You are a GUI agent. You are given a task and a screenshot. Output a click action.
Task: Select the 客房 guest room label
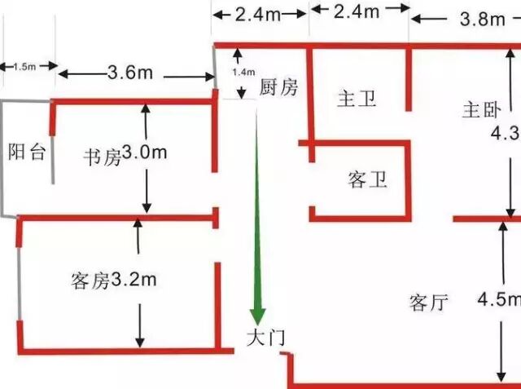pyautogui.click(x=89, y=282)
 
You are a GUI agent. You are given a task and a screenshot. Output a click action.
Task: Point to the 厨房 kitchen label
pyautogui.click(x=279, y=88)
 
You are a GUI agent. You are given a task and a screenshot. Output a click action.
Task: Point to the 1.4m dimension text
pyautogui.click(x=243, y=73)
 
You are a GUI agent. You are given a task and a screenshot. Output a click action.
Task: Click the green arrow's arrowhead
pyautogui.click(x=258, y=315)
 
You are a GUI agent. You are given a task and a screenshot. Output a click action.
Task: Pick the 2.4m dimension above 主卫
pyautogui.click(x=358, y=11)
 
